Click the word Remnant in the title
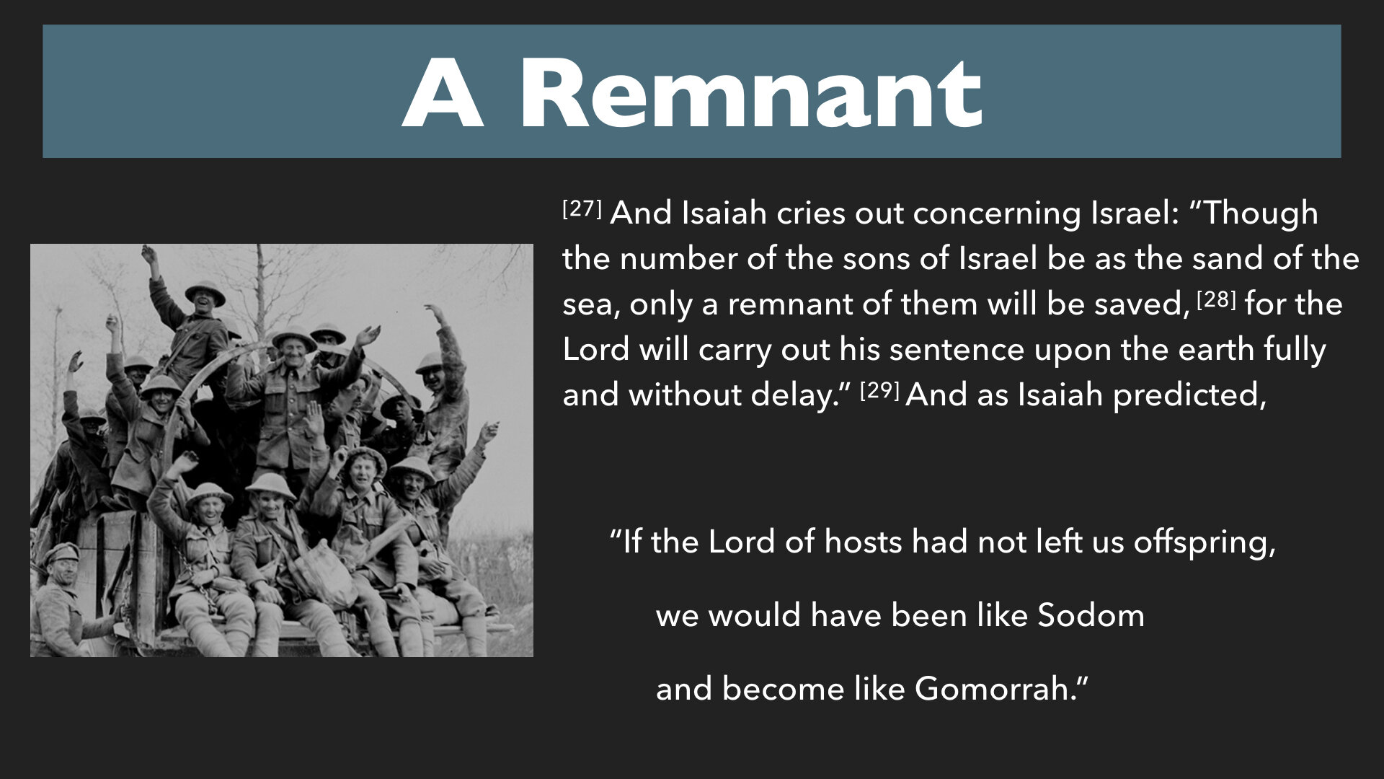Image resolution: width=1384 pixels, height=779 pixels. tap(751, 93)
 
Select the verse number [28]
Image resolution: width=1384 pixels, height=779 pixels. tap(1217, 299)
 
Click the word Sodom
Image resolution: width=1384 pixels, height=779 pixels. tap(1091, 615)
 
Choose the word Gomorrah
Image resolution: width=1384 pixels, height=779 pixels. tap(994, 689)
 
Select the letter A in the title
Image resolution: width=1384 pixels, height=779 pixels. tap(443, 93)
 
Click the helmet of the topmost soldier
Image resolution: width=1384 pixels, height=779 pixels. tap(205, 291)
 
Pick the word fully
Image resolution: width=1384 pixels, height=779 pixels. tap(1295, 351)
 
